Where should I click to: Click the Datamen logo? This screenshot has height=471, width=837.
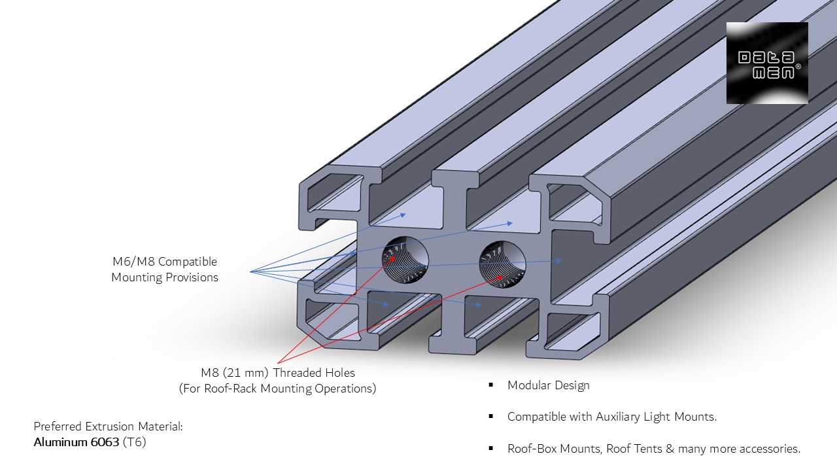click(x=767, y=63)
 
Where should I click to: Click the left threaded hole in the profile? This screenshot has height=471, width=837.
click(x=405, y=260)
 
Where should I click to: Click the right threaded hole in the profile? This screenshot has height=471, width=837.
click(x=502, y=264)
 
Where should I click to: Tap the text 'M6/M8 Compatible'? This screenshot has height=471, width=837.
click(x=164, y=262)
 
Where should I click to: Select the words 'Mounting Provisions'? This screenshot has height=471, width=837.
click(x=164, y=277)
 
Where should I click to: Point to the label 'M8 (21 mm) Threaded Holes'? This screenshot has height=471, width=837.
click(x=277, y=373)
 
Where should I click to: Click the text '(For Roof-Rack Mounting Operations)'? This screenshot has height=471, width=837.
click(x=277, y=389)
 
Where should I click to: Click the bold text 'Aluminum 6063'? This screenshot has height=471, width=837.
click(x=77, y=442)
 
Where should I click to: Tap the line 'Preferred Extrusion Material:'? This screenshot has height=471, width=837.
click(x=108, y=427)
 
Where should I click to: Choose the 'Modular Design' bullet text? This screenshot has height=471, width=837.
click(x=548, y=385)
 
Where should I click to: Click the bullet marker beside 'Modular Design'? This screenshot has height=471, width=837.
click(x=490, y=385)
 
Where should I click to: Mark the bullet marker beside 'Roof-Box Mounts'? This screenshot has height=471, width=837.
click(x=490, y=449)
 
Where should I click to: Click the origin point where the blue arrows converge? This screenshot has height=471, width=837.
click(x=250, y=271)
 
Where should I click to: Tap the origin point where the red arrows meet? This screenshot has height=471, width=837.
click(x=278, y=363)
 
